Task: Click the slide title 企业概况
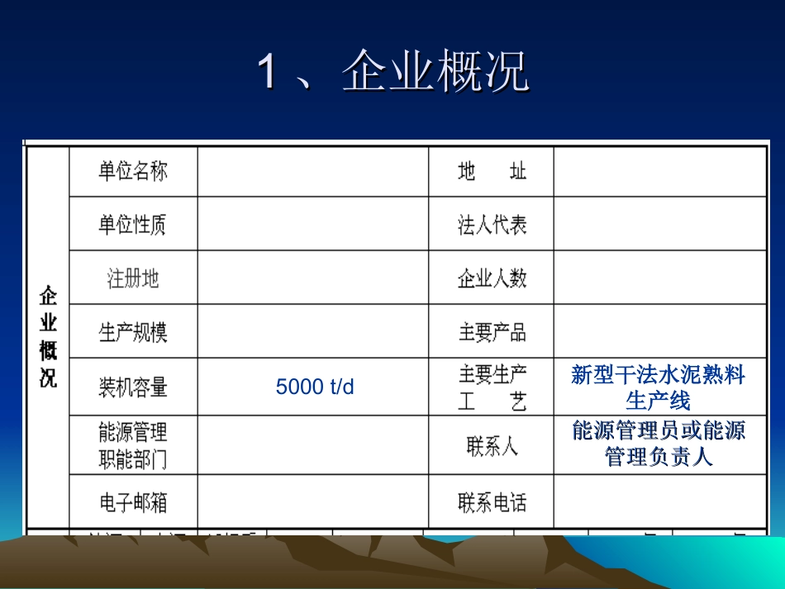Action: click(x=393, y=71)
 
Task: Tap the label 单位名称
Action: click(x=133, y=171)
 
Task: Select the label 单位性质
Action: click(x=133, y=224)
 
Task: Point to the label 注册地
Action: click(x=133, y=278)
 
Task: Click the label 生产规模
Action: click(x=133, y=332)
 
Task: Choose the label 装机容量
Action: click(x=133, y=386)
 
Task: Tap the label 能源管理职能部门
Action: click(x=133, y=445)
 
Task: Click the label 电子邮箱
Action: click(x=133, y=501)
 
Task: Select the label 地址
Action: click(x=492, y=172)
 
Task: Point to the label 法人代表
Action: click(x=492, y=225)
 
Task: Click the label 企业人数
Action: click(x=492, y=278)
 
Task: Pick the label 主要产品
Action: click(x=492, y=332)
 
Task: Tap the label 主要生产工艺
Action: click(x=492, y=387)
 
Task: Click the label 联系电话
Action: click(x=492, y=502)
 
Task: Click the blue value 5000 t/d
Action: click(x=315, y=387)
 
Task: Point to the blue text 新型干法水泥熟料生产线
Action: click(x=659, y=387)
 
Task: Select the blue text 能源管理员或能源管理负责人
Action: click(x=659, y=444)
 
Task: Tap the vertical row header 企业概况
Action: click(x=49, y=337)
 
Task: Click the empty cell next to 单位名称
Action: click(x=313, y=172)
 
